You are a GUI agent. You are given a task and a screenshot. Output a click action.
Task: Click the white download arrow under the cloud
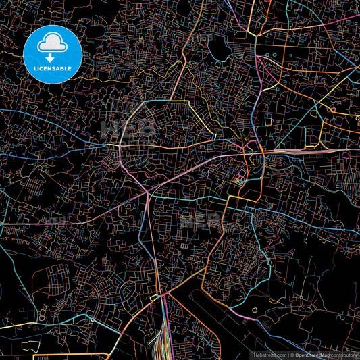[53, 57]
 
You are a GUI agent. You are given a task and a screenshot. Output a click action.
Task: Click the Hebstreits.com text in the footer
[269, 354]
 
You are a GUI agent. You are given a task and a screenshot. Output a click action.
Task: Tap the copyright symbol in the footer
[292, 354]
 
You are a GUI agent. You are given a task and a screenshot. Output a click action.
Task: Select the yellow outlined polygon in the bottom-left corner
[31, 346]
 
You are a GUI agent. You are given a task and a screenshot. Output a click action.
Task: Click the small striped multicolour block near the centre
[238, 181]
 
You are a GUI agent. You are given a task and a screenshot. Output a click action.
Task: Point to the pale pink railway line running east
[304, 151]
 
